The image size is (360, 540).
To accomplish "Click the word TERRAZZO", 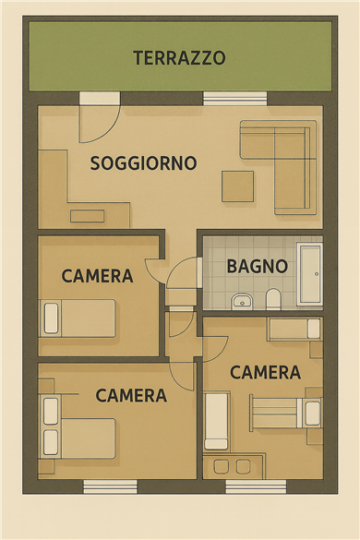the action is point(179,58).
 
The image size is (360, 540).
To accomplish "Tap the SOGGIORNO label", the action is point(143,163).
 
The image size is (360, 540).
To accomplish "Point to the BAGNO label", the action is point(258,266).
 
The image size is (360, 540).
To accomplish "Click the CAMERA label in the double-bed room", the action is point(131,396).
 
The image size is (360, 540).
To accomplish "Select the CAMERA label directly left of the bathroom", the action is point(97,276).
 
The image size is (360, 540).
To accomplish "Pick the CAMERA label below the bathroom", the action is point(265,373).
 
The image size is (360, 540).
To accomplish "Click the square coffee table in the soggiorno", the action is point(238,186).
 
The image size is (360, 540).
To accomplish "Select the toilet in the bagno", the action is point(273,299).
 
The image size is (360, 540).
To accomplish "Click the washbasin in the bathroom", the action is point(242,302).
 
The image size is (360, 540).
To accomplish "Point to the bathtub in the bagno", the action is point(310,274).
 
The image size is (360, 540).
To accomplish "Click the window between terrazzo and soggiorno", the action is point(235,98).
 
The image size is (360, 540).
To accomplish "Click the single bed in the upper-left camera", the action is point(78,318).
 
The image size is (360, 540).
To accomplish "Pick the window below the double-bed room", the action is point(110,486).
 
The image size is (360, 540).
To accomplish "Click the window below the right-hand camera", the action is point(256,486).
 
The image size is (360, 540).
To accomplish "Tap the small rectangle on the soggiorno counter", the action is point(87,216).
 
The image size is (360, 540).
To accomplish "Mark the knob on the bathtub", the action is point(317,274).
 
